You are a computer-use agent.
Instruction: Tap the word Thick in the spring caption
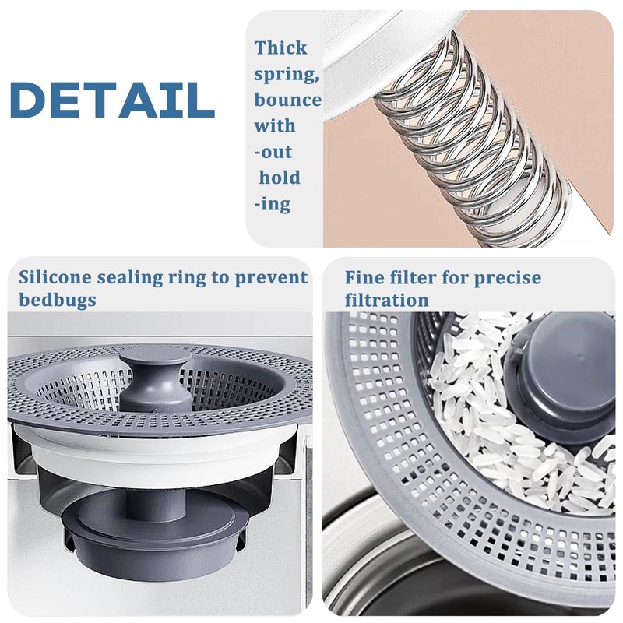pos(280,48)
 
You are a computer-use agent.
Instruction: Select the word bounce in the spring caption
pos(287,100)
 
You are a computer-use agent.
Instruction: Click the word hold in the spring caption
pos(280,178)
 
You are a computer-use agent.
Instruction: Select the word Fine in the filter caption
pos(364,277)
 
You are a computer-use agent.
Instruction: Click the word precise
pos(504,278)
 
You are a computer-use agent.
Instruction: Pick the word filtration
pos(386,300)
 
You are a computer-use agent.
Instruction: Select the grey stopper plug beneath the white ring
pos(156,530)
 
